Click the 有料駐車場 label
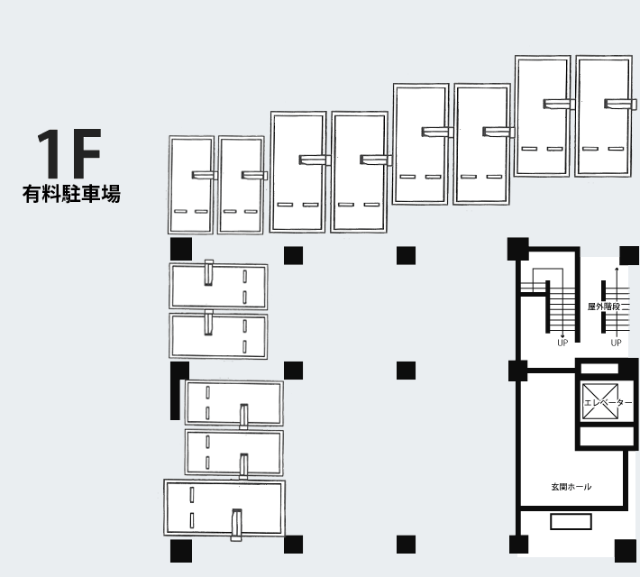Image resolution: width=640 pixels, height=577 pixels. click(x=71, y=194)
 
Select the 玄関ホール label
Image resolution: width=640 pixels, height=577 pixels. click(x=571, y=487)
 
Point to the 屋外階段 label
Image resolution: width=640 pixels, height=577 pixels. click(x=603, y=307)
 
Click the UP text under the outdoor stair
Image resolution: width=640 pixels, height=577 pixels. click(x=617, y=343)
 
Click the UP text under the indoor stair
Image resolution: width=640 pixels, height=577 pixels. click(x=562, y=343)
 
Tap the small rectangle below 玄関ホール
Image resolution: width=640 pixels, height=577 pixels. click(x=571, y=522)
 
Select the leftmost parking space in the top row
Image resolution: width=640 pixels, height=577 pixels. click(x=191, y=185)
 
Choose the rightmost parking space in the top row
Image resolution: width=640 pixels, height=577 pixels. click(x=603, y=116)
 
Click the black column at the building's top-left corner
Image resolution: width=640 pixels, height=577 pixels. click(x=181, y=249)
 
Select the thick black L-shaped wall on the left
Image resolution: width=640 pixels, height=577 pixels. click(x=177, y=390)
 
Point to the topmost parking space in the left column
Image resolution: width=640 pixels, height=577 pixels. click(x=219, y=286)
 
